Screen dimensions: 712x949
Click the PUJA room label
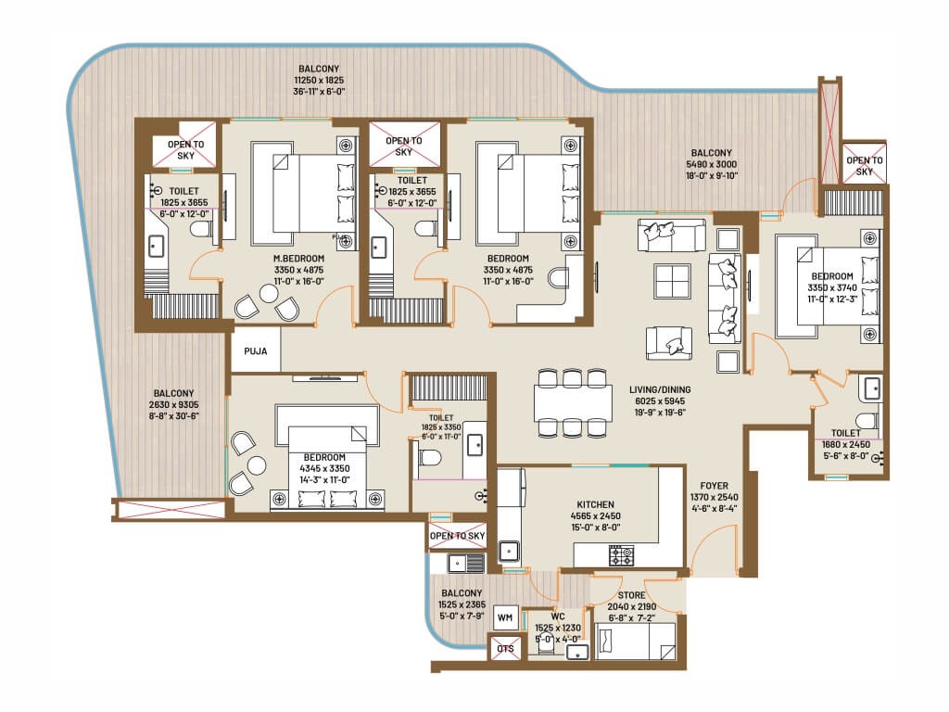(255, 351)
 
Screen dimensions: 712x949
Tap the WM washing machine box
(505, 617)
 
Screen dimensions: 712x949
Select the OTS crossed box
(505, 648)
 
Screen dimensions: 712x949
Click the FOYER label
(714, 485)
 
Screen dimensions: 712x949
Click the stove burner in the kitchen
(620, 555)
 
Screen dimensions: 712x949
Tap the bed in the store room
(636, 641)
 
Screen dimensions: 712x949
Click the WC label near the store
(558, 615)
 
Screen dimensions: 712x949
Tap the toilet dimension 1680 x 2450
(845, 444)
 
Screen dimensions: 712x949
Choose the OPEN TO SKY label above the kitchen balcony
(458, 536)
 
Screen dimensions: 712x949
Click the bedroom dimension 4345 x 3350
(323, 469)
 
